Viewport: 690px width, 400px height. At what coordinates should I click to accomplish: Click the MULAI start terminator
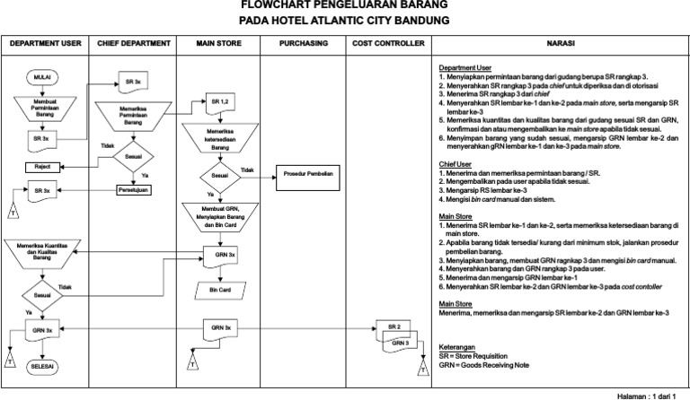(x=42, y=78)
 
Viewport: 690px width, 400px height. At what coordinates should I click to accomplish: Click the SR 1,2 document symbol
(x=220, y=102)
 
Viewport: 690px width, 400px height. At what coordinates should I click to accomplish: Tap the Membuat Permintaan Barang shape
(x=42, y=112)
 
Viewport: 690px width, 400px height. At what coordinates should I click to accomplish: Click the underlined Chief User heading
(x=456, y=164)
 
